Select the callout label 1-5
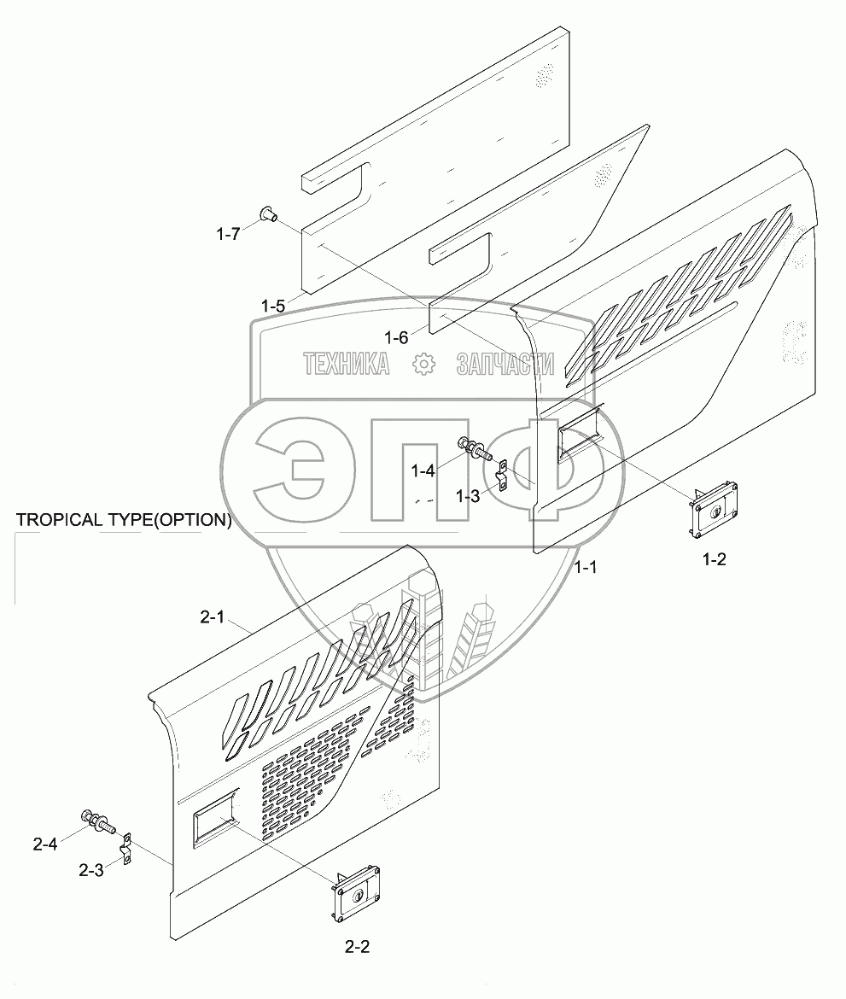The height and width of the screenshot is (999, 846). coord(275,305)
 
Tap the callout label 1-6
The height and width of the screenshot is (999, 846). coord(396,337)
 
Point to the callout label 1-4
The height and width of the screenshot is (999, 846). coord(423,470)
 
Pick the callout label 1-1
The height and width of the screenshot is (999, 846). coord(585,567)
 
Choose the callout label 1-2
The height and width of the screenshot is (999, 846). coord(714,559)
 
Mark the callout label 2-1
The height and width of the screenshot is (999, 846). coord(211,617)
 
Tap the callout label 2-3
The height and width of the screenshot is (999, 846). coord(91,871)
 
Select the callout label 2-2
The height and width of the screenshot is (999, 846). coord(358,945)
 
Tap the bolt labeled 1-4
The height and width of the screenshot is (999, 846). coord(474,447)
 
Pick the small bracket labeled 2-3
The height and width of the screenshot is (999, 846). coord(127,849)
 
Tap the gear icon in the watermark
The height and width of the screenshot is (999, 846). coord(423,365)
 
